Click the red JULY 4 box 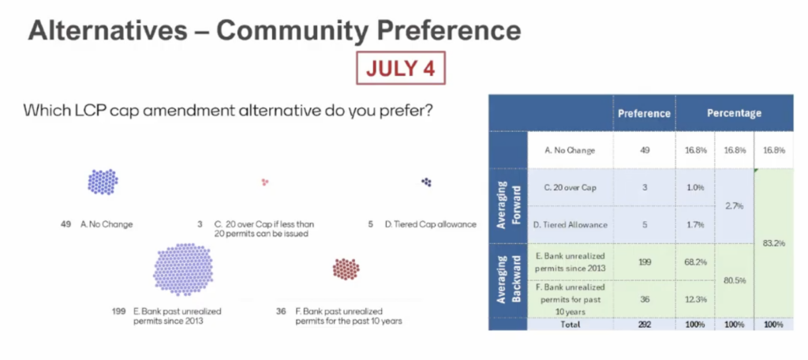pyautogui.click(x=400, y=68)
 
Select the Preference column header pyautogui.click(x=644, y=113)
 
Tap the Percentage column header pyautogui.click(x=734, y=113)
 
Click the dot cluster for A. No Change pyautogui.click(x=103, y=182)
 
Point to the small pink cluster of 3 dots pyautogui.click(x=265, y=182)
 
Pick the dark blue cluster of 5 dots pyautogui.click(x=426, y=182)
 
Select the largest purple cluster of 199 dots pyautogui.click(x=183, y=269)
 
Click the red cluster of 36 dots pyautogui.click(x=346, y=268)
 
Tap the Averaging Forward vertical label pyautogui.click(x=507, y=204)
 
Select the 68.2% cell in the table pyautogui.click(x=695, y=261)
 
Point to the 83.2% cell pyautogui.click(x=773, y=243)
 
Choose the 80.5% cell pyautogui.click(x=735, y=280)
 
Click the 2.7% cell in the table pyautogui.click(x=735, y=206)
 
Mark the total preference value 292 pyautogui.click(x=644, y=324)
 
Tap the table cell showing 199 pyautogui.click(x=644, y=261)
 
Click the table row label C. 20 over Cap pyautogui.click(x=570, y=188)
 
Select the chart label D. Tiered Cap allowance pyautogui.click(x=430, y=224)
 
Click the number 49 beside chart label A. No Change pyautogui.click(x=66, y=224)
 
